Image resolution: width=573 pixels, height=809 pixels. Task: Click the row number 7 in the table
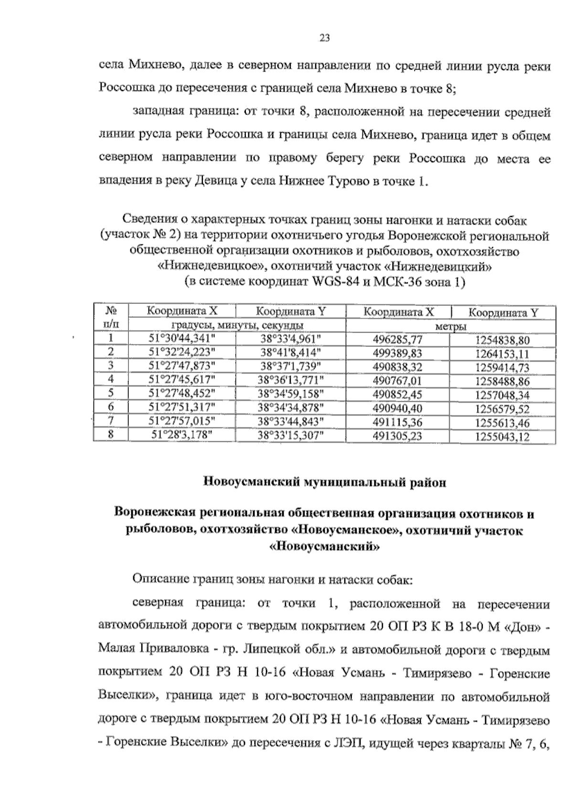click(111, 422)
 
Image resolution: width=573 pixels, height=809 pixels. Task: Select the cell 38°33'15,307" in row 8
click(291, 436)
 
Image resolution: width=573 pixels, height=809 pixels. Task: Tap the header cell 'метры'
click(450, 326)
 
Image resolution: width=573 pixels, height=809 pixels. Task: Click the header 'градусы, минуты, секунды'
click(237, 326)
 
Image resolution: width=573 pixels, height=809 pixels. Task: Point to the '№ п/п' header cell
click(111, 318)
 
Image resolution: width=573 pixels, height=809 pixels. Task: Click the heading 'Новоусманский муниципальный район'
click(325, 482)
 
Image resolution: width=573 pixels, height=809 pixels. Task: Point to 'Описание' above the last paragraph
click(156, 581)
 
